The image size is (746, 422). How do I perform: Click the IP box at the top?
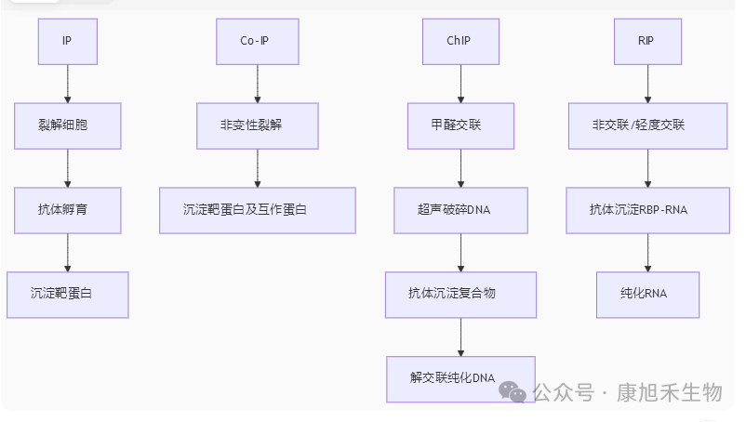coord(67,41)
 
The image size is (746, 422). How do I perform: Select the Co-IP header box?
coord(257,41)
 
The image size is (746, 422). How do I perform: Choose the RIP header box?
coord(647,41)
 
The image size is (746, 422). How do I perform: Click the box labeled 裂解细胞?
coord(68,125)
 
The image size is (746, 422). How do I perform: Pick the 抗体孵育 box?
coord(68,210)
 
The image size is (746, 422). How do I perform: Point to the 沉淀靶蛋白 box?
coord(68,294)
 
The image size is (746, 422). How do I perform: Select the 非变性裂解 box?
coord(257,125)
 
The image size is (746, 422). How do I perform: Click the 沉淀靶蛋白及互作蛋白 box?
coord(257,210)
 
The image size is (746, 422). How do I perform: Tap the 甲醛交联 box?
coord(460,125)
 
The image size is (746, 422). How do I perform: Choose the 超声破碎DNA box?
coord(460,210)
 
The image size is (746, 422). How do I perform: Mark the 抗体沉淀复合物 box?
coord(460,294)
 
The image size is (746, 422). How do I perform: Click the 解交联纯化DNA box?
coord(460,378)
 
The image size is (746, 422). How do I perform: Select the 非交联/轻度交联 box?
coord(647,125)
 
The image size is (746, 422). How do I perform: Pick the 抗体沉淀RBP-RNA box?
coord(647,210)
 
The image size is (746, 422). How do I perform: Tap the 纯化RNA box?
coord(647,294)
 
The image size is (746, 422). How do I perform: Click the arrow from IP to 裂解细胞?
coord(68,83)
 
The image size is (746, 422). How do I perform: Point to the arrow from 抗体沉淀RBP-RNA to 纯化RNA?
coord(647,252)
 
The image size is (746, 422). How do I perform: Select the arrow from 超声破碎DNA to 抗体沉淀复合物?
coord(460,252)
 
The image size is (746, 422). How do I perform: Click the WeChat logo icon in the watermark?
coord(513,392)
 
